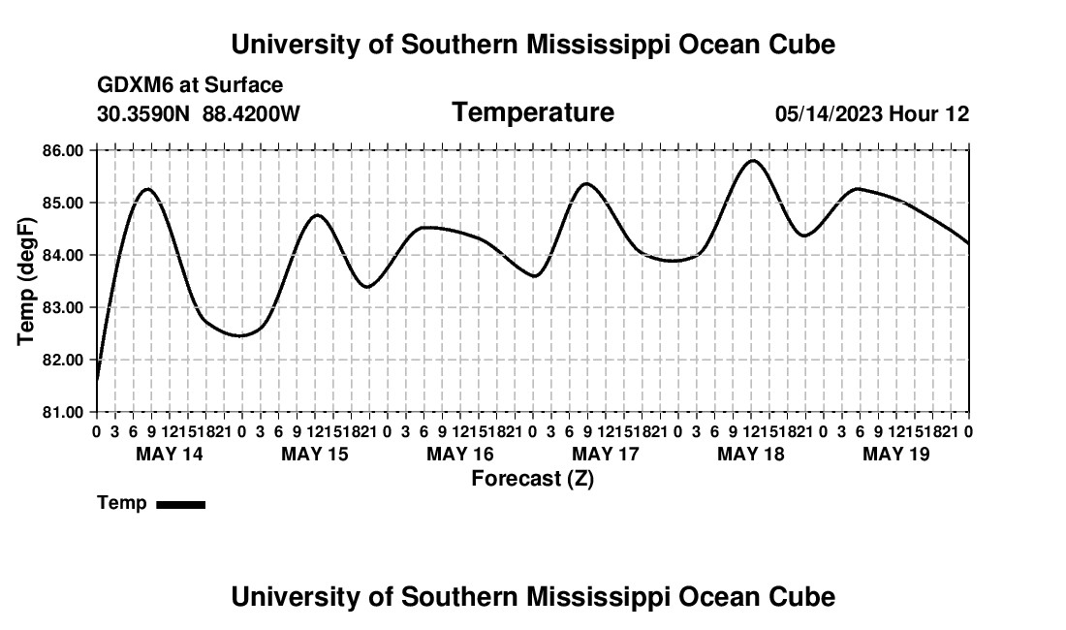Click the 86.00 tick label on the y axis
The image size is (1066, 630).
[62, 150]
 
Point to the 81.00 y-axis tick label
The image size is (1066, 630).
[62, 412]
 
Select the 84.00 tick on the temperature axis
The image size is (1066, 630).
[62, 255]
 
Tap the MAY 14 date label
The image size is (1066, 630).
[170, 454]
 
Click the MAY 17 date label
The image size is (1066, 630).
[605, 454]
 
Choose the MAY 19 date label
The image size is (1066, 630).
[896, 454]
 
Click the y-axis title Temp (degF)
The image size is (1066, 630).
[26, 281]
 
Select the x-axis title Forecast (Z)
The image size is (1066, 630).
[532, 479]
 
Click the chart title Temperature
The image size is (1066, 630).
[533, 112]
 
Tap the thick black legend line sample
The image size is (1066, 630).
[181, 504]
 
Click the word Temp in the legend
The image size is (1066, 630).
[122, 503]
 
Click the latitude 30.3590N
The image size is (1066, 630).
[143, 113]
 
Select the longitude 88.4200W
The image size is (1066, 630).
[251, 113]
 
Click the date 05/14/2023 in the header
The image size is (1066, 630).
[829, 113]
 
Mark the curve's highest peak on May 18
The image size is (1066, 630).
[752, 160]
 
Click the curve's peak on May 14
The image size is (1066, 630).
[147, 189]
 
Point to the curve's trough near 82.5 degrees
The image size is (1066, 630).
[240, 335]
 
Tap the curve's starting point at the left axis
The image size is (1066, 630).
[97, 381]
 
